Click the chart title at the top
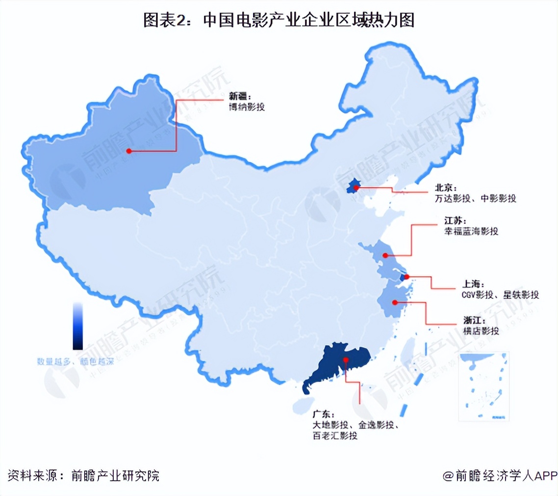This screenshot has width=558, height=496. click(x=279, y=20)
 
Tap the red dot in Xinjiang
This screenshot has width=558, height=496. click(x=129, y=151)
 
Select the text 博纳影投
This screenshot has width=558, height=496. click(x=247, y=106)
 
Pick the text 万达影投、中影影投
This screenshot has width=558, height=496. click(x=475, y=198)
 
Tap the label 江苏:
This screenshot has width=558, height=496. click(x=448, y=221)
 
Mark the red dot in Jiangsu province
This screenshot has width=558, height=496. click(x=385, y=255)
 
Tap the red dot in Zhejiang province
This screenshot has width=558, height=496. click(x=395, y=302)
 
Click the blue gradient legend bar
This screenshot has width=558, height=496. click(x=77, y=326)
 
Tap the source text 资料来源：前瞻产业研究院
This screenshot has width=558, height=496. click(x=83, y=475)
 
